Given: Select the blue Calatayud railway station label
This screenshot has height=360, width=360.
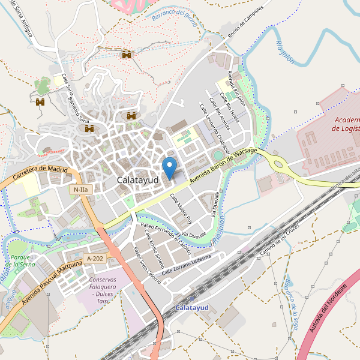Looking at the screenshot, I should pyautogui.click(x=192, y=308).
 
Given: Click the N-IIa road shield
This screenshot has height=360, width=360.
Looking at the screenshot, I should pyautogui.click(x=81, y=190).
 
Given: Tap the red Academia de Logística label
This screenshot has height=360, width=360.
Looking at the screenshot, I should pyautogui.click(x=346, y=124).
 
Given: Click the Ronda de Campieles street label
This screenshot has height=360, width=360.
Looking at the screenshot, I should pyautogui.click(x=242, y=20).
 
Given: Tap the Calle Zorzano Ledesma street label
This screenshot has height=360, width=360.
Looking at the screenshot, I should pyautogui.click(x=187, y=264).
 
